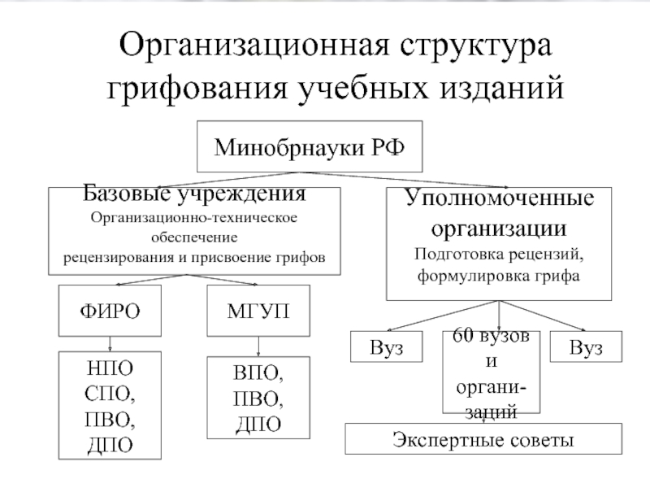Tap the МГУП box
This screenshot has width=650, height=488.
(x=259, y=310)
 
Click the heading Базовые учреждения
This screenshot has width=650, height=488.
(x=196, y=195)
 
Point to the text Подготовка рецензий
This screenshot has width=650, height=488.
(x=499, y=253)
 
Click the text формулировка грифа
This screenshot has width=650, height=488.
(x=499, y=276)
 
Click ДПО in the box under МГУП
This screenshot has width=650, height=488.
(x=259, y=423)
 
